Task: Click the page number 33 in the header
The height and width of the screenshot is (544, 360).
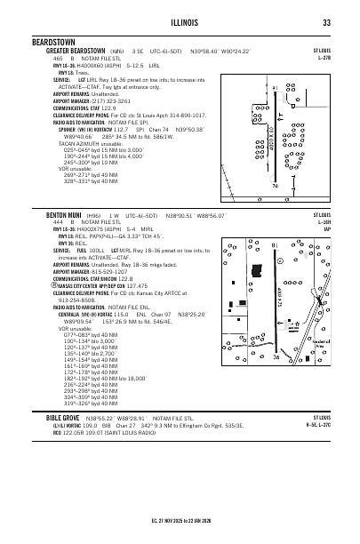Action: pyautogui.click(x=327, y=22)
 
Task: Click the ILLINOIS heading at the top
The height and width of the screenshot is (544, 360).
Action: pyautogui.click(x=179, y=22)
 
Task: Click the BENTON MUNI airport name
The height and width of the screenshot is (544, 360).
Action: pyautogui.click(x=64, y=215)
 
